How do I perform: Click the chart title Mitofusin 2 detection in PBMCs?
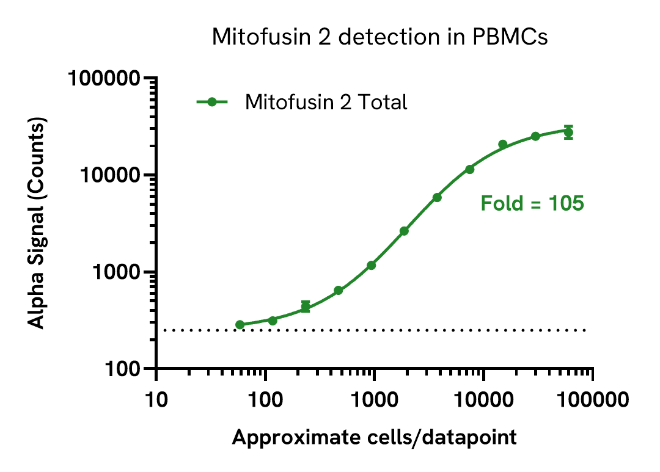click(380, 37)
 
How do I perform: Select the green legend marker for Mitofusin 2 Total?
click(212, 102)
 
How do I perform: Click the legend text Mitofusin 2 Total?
click(326, 102)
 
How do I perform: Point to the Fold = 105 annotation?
click(532, 203)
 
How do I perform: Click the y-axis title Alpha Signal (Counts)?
click(38, 224)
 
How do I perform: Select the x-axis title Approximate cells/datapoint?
click(374, 437)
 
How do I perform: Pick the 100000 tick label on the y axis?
click(105, 79)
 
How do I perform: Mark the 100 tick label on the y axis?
click(123, 369)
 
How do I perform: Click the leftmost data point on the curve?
click(240, 325)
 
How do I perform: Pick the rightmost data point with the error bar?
click(568, 133)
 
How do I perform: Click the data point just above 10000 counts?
click(469, 169)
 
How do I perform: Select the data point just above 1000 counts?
click(371, 265)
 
